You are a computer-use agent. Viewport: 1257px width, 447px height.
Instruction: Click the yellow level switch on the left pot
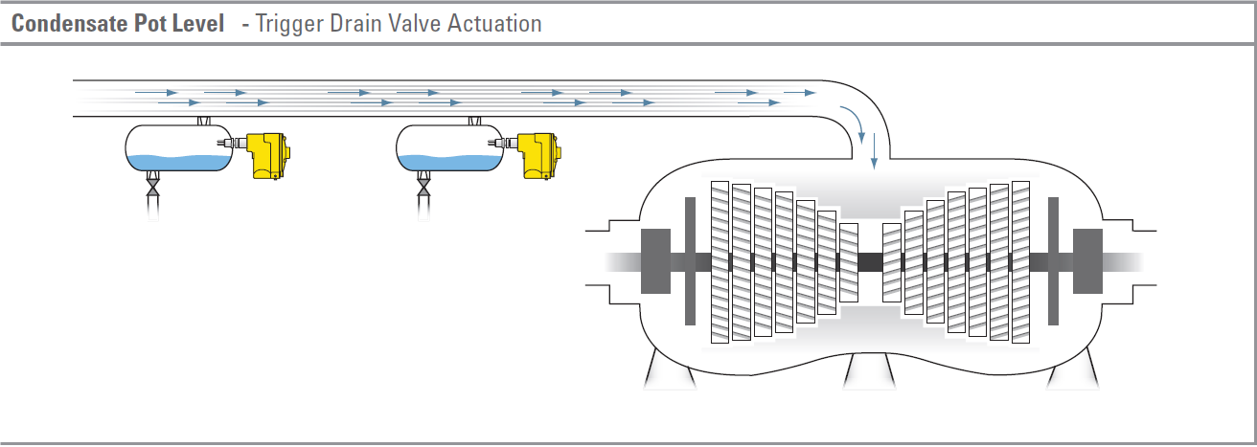(267, 155)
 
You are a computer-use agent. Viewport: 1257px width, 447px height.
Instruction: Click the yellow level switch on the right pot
(537, 155)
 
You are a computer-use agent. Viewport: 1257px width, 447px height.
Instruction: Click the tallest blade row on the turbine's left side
(720, 261)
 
